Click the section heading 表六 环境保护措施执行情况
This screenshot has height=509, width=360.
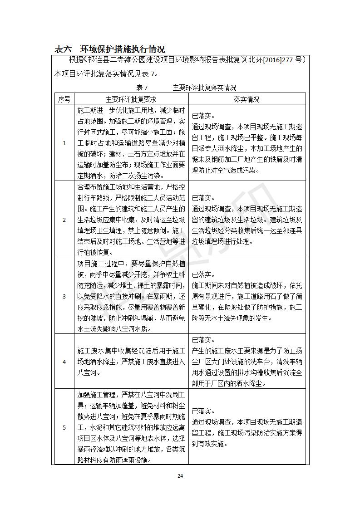(109, 49)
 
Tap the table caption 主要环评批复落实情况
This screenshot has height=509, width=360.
(204, 88)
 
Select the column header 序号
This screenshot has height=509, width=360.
(64, 99)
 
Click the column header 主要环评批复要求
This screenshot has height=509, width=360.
(131, 99)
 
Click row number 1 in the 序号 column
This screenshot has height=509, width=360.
(64, 143)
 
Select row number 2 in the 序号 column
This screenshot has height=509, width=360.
(64, 220)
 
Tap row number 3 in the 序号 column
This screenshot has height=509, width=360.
(64, 296)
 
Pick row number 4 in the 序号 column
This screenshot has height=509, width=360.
(64, 362)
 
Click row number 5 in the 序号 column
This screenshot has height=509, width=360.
(64, 427)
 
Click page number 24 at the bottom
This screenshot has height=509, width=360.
(180, 476)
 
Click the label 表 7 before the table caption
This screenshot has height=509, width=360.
(142, 88)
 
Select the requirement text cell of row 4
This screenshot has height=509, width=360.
(131, 362)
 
